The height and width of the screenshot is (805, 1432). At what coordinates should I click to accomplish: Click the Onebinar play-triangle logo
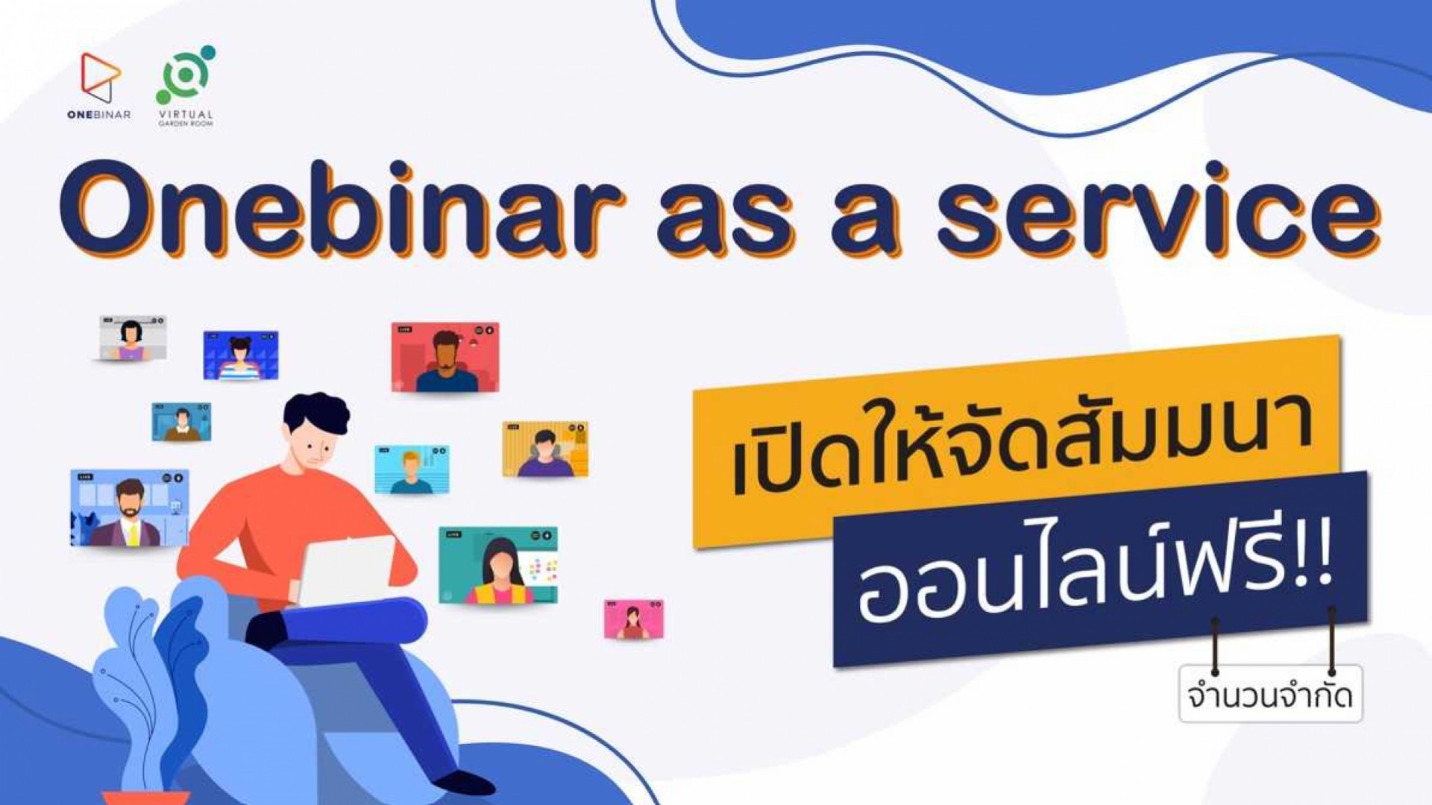tap(100, 78)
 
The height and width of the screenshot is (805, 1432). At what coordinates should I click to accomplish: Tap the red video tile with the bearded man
tap(445, 357)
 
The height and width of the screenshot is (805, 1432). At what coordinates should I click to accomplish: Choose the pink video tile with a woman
tap(633, 619)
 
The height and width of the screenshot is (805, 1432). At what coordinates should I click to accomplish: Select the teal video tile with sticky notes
tap(497, 565)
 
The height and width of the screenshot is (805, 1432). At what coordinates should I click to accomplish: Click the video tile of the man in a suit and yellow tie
tap(129, 508)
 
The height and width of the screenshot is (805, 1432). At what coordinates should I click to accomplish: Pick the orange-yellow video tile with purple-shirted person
tap(545, 449)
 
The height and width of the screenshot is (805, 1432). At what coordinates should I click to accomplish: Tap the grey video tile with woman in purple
tap(133, 338)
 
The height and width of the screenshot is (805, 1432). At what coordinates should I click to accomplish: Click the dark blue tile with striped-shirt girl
tap(241, 355)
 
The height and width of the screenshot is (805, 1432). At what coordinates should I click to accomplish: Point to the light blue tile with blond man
tap(412, 470)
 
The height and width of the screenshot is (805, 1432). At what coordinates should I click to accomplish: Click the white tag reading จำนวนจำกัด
tap(1270, 695)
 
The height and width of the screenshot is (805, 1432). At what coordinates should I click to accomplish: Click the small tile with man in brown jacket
tap(181, 422)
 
